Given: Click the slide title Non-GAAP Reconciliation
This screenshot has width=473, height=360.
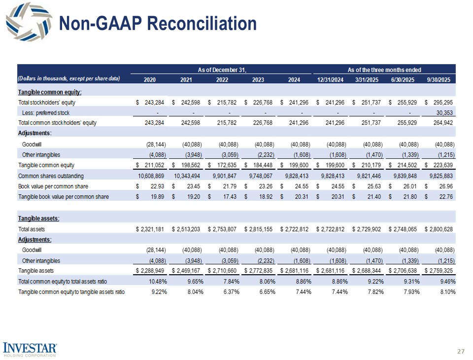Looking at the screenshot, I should (x=158, y=24).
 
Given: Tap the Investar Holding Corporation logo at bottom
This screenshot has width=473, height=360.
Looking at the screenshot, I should (x=30, y=348).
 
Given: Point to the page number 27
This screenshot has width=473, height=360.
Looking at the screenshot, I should (x=461, y=351).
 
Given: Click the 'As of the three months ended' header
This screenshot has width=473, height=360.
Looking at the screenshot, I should (x=384, y=71).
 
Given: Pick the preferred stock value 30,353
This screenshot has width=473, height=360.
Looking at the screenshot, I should (x=444, y=112).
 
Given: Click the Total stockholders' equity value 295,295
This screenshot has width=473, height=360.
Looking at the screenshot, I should (x=444, y=102).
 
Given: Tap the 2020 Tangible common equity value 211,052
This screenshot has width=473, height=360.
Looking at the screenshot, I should (x=153, y=165).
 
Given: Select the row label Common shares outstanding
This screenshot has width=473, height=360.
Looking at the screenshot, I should (x=51, y=176).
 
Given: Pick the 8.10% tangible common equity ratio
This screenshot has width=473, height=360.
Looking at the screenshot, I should (x=447, y=292).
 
